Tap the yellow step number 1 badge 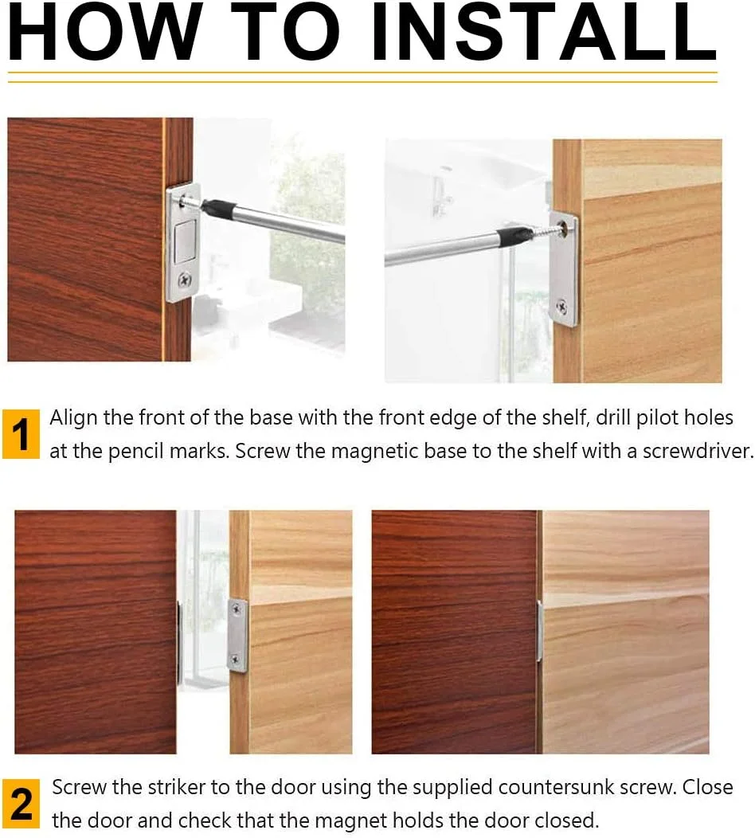(x=22, y=434)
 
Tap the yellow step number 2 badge (x=22, y=803)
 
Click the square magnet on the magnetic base (x=186, y=241)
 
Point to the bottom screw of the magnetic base (x=184, y=279)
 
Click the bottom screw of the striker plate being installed (x=562, y=306)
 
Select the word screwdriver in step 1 (x=698, y=451)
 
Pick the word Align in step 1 (x=74, y=417)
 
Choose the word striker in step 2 (x=177, y=787)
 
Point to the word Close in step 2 (x=708, y=787)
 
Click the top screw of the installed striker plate (x=237, y=609)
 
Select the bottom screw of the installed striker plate (x=237, y=660)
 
